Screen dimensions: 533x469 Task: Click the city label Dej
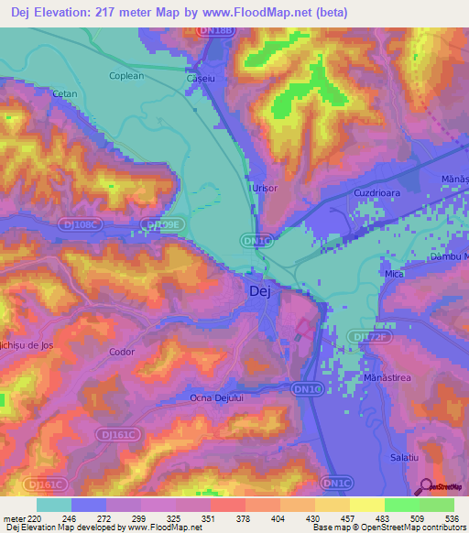(x=259, y=291)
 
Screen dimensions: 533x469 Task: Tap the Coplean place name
(x=126, y=76)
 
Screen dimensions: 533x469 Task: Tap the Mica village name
(x=395, y=274)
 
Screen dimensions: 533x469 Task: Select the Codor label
(x=122, y=352)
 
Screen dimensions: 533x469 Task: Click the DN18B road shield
(x=220, y=31)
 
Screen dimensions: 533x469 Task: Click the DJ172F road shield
(x=367, y=337)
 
